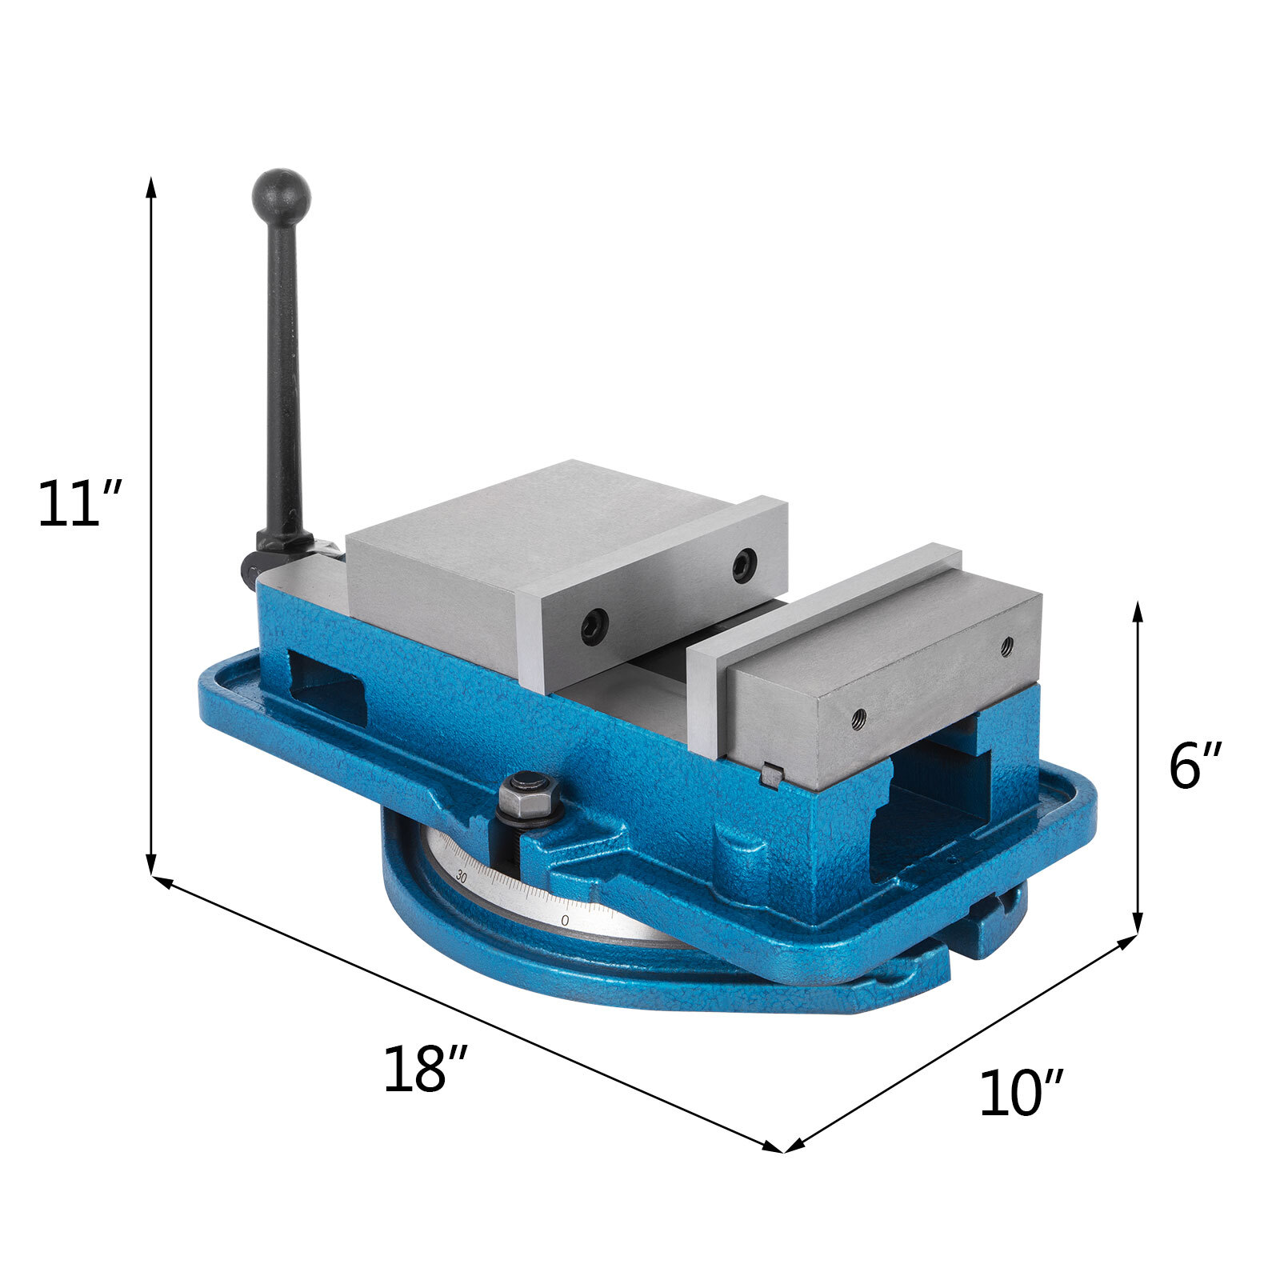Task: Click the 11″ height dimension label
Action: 79,505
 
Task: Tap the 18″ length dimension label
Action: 424,1070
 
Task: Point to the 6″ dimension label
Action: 1195,766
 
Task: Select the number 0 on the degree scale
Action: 565,921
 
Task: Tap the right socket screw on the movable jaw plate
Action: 745,566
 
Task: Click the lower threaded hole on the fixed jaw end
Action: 858,716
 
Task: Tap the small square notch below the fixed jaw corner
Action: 770,774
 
